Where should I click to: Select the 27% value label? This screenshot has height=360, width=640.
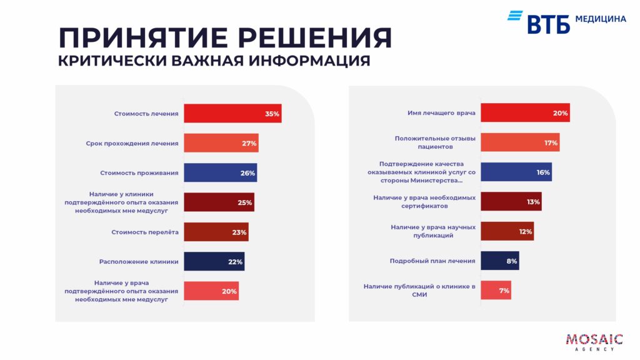click(249, 144)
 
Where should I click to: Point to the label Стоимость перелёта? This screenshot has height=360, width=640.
click(145, 232)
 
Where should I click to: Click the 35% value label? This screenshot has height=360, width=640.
click(272, 114)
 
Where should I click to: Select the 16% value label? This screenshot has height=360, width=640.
click(542, 172)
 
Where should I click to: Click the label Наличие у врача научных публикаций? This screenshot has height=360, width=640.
click(432, 231)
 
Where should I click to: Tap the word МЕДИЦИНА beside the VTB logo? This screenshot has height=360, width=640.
click(600, 19)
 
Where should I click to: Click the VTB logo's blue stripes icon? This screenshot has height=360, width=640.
click(515, 16)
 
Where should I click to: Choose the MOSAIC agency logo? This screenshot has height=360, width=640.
click(594, 342)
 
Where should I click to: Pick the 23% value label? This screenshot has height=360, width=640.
click(239, 232)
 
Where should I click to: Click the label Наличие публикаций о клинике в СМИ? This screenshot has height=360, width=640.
click(419, 291)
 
